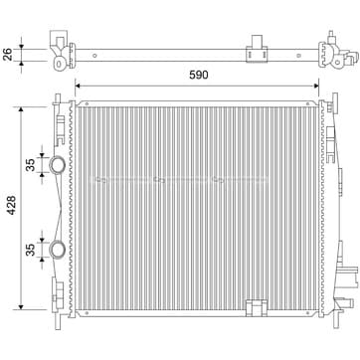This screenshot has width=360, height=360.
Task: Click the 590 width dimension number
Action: (199, 76)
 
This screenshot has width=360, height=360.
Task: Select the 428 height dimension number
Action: (12, 205)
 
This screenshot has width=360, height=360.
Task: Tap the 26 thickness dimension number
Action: (8, 55)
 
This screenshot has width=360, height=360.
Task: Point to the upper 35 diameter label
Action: (30, 165)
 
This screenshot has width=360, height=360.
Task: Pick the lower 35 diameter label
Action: (30, 250)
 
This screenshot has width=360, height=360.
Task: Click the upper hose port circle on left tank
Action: (58, 164)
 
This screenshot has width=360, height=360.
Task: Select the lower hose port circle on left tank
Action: (58, 250)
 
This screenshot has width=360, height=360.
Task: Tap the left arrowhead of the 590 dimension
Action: (78, 86)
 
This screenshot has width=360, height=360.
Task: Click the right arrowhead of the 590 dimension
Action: (316, 86)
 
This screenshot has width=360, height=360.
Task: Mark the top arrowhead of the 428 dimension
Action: (21, 109)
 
